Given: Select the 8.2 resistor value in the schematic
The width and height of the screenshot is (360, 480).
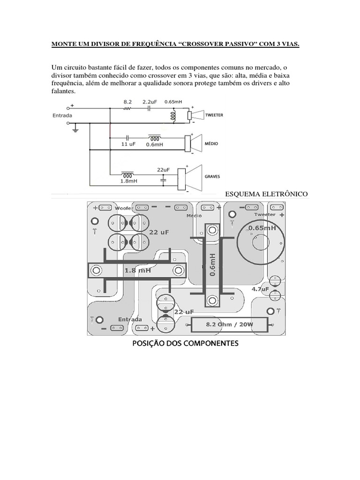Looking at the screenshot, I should [x=127, y=101].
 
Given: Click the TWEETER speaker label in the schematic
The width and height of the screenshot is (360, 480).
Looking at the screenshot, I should [x=214, y=115].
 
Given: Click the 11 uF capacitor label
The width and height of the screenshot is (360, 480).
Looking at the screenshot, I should [x=128, y=144].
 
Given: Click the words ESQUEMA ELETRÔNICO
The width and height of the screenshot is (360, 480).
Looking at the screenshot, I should [x=266, y=194].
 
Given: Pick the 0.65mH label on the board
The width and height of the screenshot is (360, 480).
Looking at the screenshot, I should [x=262, y=228].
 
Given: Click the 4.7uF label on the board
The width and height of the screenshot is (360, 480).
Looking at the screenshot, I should [x=260, y=289].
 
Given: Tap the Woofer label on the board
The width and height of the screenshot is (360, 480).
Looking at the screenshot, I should [x=124, y=208].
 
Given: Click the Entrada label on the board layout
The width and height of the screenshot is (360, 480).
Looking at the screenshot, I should [x=130, y=319].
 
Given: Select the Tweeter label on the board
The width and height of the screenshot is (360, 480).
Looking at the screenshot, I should [x=265, y=214].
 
